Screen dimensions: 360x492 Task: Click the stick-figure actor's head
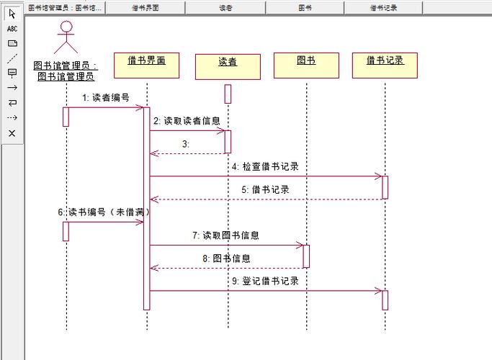click(x=66, y=27)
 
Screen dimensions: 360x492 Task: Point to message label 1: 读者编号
click(x=106, y=98)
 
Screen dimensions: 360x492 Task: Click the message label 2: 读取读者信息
click(x=187, y=121)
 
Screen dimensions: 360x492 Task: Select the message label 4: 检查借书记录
click(x=265, y=166)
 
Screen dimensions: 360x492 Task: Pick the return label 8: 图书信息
click(x=226, y=258)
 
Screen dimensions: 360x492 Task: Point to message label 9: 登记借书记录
click(x=265, y=281)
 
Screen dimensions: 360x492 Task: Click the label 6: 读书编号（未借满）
click(x=105, y=212)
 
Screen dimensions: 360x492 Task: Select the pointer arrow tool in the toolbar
click(x=12, y=14)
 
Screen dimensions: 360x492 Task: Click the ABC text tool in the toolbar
click(x=12, y=29)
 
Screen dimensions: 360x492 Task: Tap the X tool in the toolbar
click(x=12, y=133)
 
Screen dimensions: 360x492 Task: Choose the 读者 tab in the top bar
click(x=225, y=8)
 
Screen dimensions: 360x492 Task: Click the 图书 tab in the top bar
click(x=305, y=8)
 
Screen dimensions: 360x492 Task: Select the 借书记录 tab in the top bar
click(x=384, y=8)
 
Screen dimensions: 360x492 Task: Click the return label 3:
click(x=186, y=144)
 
